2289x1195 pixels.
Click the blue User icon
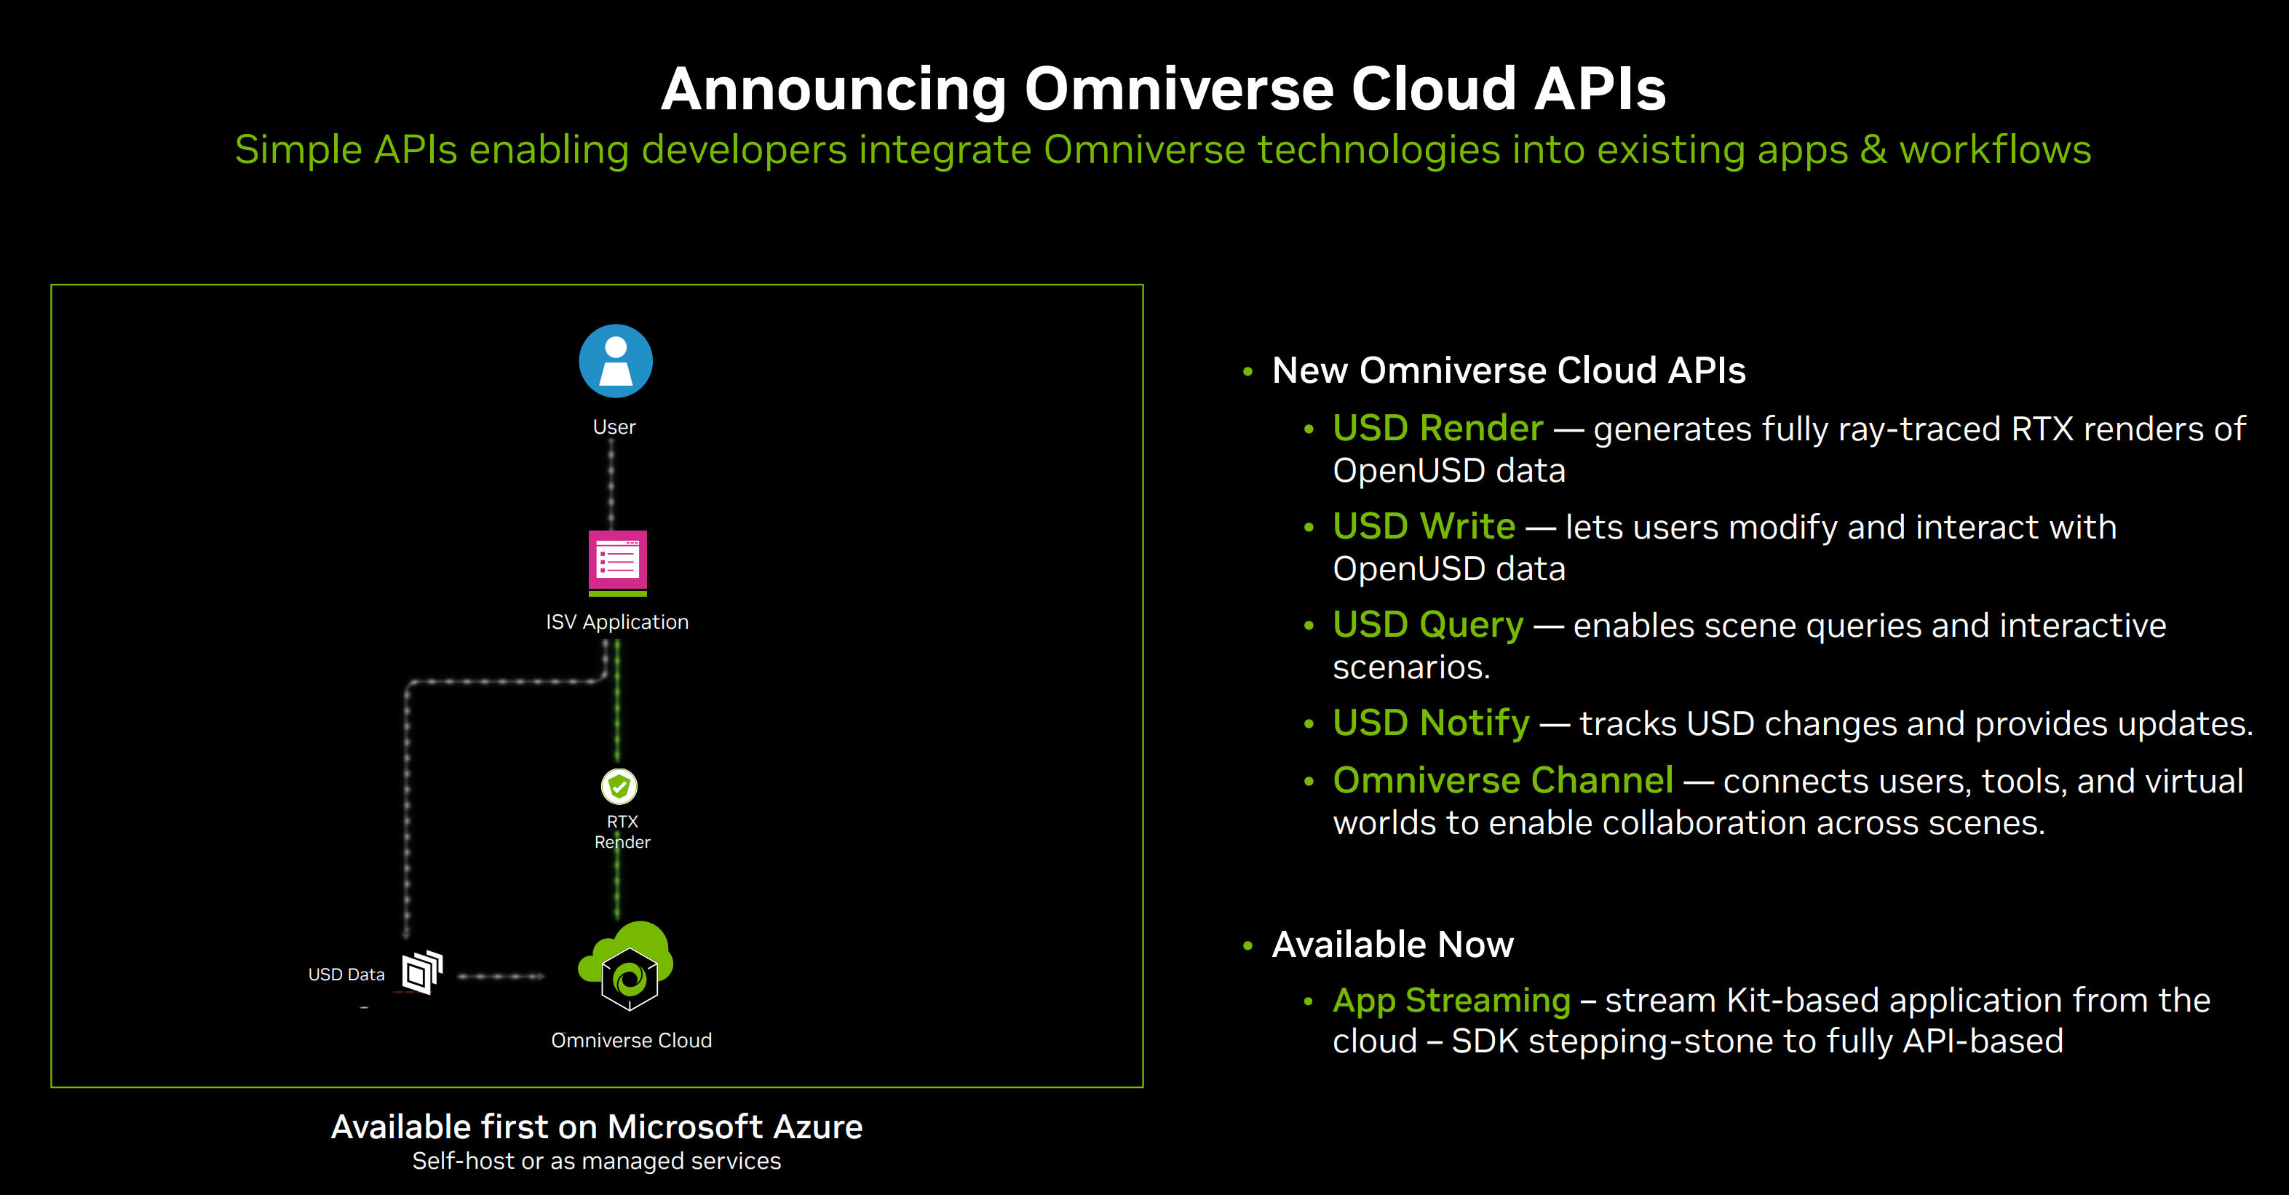[616, 361]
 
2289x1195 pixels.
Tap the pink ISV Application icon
[618, 563]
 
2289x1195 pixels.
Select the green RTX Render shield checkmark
[619, 786]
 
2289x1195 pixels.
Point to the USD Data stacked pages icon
[423, 972]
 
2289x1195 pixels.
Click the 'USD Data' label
[346, 974]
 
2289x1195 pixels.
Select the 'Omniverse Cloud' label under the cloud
[632, 1041]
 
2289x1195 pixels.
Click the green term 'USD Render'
[1437, 428]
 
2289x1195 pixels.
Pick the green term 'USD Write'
[1424, 526]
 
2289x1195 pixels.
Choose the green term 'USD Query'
[1428, 625]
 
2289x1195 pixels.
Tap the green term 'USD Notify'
[1432, 723]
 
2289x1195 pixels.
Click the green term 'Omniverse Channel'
[1504, 780]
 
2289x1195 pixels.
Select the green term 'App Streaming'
[1452, 1001]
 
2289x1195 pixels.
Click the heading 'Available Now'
[1392, 944]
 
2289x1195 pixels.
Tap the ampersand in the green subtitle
[1873, 149]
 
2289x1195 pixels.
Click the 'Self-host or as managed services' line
[597, 1162]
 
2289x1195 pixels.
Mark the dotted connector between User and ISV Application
[611, 486]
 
